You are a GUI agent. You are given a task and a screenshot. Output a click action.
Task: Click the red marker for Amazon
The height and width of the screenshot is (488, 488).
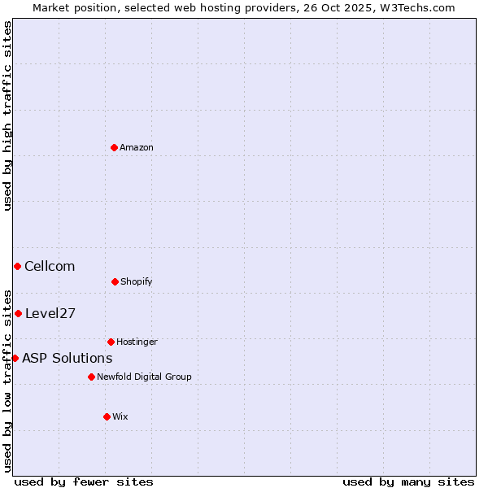click(115, 147)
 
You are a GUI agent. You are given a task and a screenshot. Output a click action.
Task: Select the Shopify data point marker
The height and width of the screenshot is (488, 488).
click(115, 281)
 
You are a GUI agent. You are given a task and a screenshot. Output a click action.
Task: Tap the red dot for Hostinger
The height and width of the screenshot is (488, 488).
click(111, 342)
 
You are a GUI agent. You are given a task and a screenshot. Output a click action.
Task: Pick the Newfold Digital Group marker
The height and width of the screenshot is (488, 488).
click(91, 377)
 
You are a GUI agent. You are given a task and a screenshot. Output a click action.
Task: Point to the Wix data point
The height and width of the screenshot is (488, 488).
click(107, 416)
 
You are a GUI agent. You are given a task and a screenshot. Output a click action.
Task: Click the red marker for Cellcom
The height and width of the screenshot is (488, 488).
click(17, 266)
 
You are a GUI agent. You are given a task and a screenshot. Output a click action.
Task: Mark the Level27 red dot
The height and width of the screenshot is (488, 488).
click(18, 313)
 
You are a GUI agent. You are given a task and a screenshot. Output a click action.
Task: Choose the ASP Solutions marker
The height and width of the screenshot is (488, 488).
click(15, 358)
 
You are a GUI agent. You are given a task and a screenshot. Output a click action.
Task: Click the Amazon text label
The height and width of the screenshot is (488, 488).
click(137, 147)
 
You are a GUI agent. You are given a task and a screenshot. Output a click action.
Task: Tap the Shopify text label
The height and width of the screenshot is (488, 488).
click(137, 281)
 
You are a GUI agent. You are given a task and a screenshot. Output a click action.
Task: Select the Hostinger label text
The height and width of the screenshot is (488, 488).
click(137, 342)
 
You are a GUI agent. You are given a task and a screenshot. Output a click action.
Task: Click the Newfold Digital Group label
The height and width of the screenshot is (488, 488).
click(144, 377)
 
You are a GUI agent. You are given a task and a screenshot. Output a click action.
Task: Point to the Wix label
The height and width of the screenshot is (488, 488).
click(120, 416)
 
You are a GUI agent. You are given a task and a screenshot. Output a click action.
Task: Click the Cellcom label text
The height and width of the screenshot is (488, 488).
click(50, 266)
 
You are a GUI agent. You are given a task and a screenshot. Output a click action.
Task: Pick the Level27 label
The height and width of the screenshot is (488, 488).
click(50, 313)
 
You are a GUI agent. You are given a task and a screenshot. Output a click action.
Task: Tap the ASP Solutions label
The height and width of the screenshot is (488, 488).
click(67, 358)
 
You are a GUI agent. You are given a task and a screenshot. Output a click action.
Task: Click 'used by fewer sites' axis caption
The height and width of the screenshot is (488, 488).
click(84, 481)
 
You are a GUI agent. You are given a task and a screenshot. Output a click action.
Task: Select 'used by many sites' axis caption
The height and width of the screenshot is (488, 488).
click(408, 481)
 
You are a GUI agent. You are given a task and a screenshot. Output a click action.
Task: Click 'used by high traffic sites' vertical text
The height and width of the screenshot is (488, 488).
click(7, 115)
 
